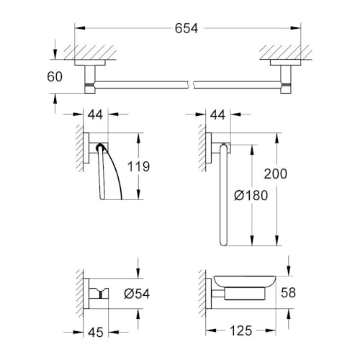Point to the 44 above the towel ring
(220, 114)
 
